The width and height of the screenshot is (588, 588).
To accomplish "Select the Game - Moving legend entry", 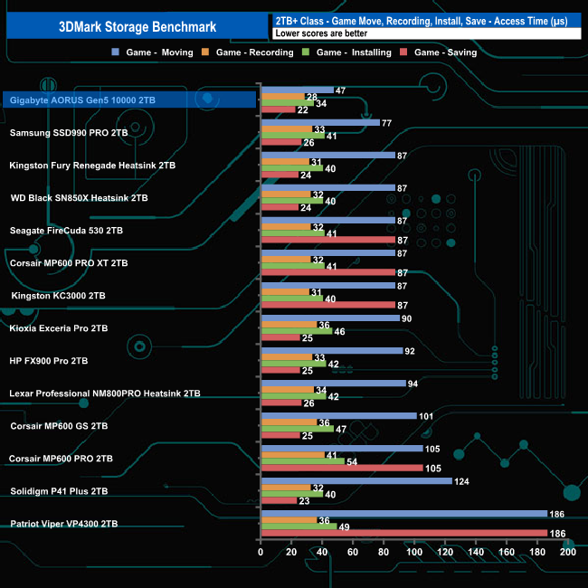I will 157,52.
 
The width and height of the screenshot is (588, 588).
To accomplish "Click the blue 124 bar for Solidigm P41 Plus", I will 356,480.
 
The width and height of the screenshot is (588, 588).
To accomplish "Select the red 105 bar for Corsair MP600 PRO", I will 341,468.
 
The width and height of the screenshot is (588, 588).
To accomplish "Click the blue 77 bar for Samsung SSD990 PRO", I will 319,122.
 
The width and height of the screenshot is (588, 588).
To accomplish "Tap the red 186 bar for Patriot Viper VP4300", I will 403,533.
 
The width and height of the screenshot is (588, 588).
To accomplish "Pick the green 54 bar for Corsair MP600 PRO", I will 302,460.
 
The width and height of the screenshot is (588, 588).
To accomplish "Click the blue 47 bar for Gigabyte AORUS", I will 297,90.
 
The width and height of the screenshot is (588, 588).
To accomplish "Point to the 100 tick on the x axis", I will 414,552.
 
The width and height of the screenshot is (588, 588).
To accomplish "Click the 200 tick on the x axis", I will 568,552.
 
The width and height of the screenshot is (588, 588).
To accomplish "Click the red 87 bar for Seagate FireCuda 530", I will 327,240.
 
